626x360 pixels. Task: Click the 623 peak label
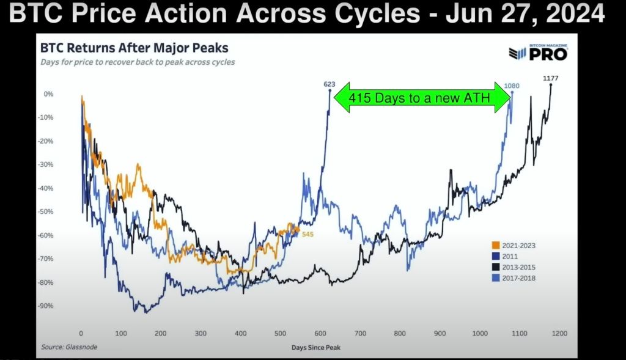click(x=330, y=84)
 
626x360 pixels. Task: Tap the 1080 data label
click(x=512, y=86)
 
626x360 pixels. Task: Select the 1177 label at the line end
click(x=551, y=78)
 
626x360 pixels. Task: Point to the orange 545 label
click(x=308, y=234)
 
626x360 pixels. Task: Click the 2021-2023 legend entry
click(x=514, y=246)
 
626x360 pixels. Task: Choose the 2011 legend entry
click(x=505, y=256)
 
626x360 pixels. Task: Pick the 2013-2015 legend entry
click(x=514, y=267)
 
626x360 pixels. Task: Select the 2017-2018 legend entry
click(x=514, y=278)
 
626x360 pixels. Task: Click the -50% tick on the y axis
click(x=45, y=211)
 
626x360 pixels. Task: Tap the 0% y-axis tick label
click(x=48, y=94)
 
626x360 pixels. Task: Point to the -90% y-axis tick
click(x=45, y=306)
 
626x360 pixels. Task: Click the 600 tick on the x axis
click(x=320, y=333)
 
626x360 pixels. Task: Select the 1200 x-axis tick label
click(x=559, y=333)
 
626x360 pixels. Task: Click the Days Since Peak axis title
click(x=316, y=348)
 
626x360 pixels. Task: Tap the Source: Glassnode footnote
click(x=69, y=347)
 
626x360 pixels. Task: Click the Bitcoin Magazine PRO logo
click(x=538, y=53)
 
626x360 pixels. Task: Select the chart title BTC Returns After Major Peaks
click(x=134, y=48)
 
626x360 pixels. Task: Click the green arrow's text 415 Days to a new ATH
click(x=419, y=98)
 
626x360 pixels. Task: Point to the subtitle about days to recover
click(x=138, y=62)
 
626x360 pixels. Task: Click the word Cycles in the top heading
click(x=377, y=13)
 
